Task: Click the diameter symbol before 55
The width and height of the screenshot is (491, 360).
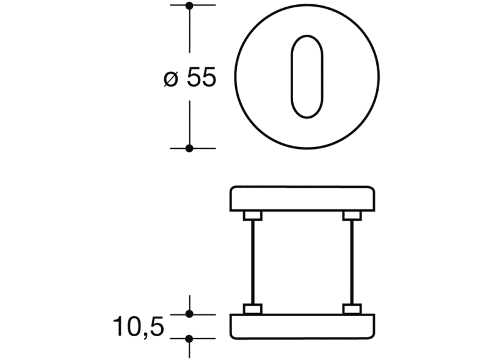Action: (x=171, y=79)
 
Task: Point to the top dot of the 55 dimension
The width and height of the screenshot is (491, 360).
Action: (x=189, y=5)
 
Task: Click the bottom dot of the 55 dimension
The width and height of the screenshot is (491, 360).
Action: (x=189, y=148)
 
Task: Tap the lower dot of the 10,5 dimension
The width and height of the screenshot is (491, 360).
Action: (x=189, y=337)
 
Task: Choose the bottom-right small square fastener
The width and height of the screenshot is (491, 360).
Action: (x=351, y=308)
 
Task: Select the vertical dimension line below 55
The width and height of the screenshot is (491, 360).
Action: (x=189, y=122)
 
